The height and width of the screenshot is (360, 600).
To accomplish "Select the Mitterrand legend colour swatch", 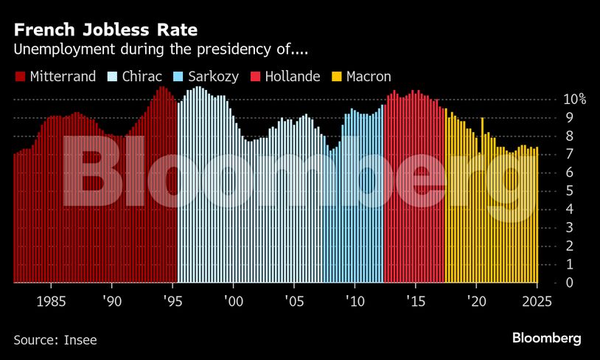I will [x=18, y=76].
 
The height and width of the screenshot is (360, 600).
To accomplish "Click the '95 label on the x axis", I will [x=172, y=300].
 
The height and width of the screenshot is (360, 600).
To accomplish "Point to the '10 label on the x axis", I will [x=355, y=300].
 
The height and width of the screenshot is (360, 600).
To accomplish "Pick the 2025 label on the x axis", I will [x=537, y=300].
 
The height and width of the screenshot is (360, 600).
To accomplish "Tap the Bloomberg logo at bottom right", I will [x=547, y=338].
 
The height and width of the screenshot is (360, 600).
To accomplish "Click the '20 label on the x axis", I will [x=476, y=300].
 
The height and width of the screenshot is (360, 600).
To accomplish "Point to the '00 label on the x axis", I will [x=233, y=300].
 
